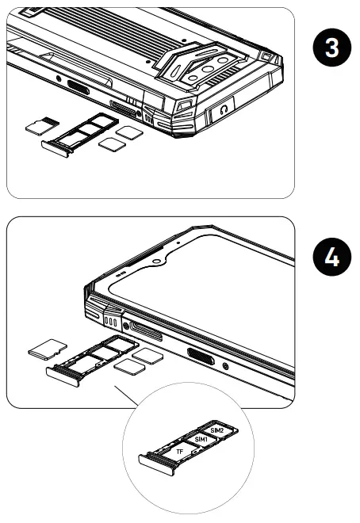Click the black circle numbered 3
tap(330, 47)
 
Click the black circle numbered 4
tap(330, 259)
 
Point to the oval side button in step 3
tap(79, 87)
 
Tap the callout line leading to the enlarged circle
tap(124, 393)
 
